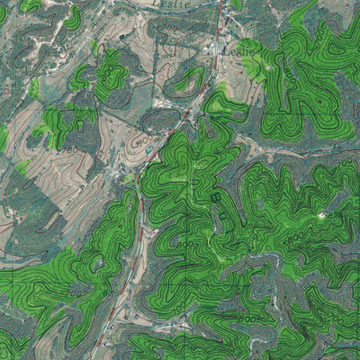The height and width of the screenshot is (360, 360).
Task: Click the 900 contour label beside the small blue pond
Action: [x=137, y=142]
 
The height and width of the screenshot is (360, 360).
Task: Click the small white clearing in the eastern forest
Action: [x=322, y=216]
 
